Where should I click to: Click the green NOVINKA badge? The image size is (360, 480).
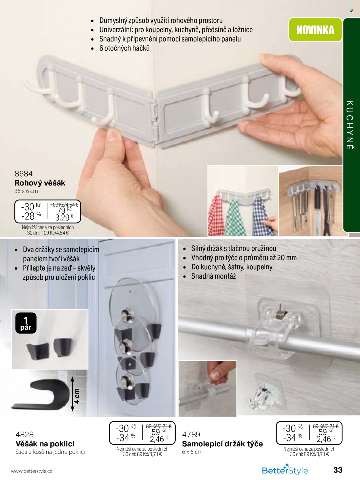[x=315, y=30]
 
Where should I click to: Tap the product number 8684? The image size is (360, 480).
[x=23, y=174]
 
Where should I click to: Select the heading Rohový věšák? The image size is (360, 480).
[x=40, y=183]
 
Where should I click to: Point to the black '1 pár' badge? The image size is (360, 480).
[x=26, y=323]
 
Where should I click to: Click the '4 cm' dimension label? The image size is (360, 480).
[x=77, y=396]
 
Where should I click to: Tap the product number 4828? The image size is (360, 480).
[x=24, y=434]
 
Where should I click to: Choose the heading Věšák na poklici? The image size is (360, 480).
[x=45, y=444]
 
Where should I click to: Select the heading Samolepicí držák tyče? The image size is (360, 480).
[x=222, y=444]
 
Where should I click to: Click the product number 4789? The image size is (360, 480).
[x=191, y=434]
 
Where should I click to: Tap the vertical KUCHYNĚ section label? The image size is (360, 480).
[x=350, y=125]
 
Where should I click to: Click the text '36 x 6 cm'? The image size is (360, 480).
[x=26, y=191]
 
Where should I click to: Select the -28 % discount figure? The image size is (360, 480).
[x=31, y=216]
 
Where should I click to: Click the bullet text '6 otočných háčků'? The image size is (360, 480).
[x=124, y=48]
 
